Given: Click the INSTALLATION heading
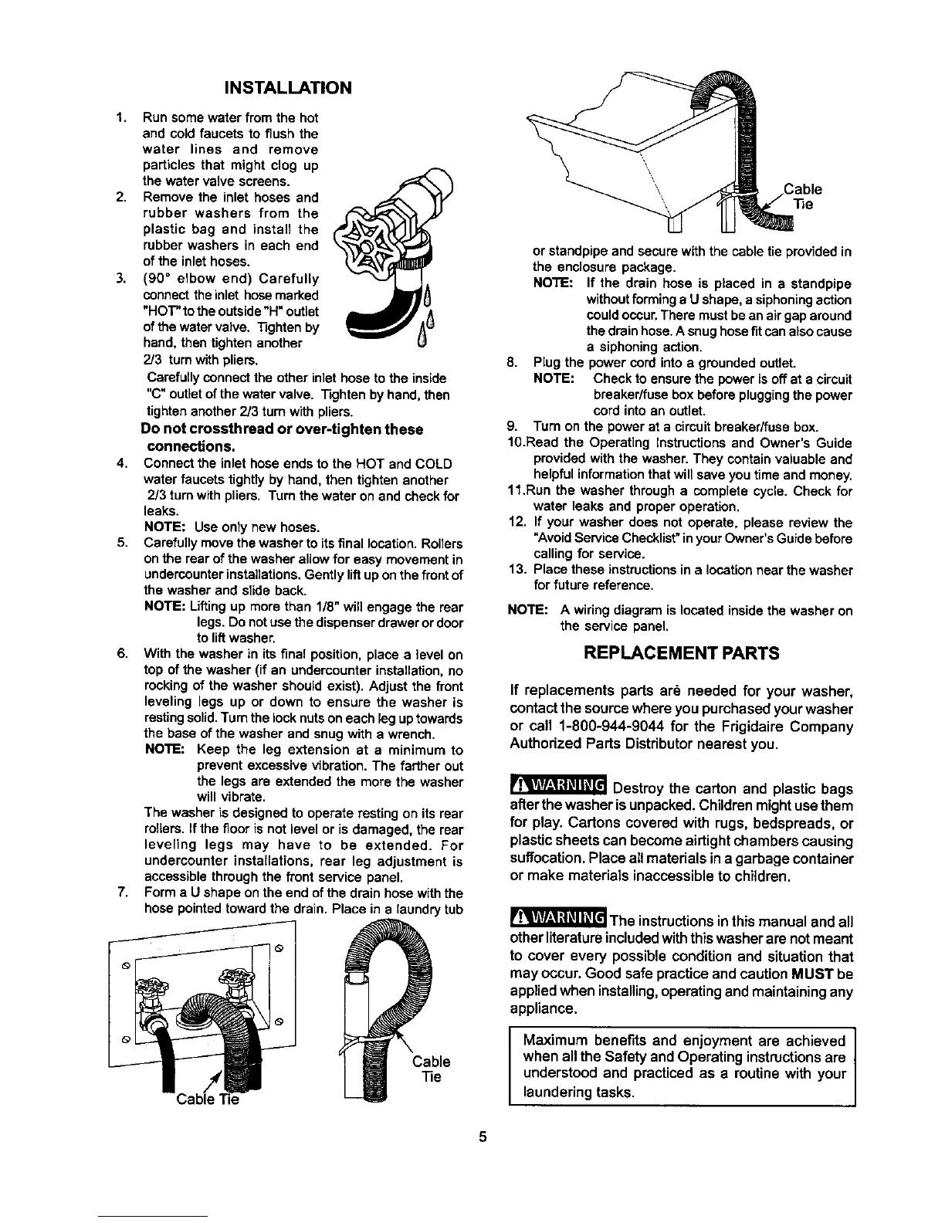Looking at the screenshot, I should point(286,86).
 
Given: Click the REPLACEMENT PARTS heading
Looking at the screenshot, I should point(682,653).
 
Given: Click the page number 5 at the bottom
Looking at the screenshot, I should point(482,1137).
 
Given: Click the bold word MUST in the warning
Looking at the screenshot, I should point(826,974).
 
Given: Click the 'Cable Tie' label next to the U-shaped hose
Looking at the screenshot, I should point(432,1069).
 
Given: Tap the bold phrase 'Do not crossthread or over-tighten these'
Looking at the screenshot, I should point(282,429).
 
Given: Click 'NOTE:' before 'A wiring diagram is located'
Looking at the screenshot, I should point(527,611).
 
